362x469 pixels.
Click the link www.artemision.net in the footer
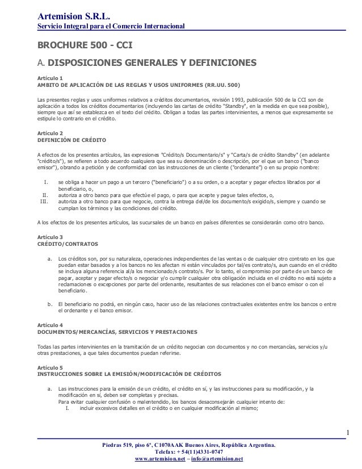coord(155,459)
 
